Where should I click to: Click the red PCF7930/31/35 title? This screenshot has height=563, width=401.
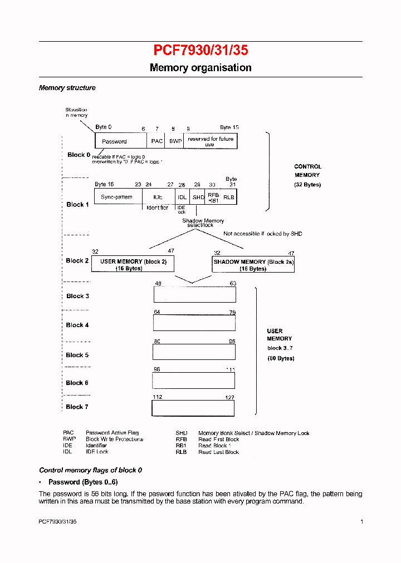pyautogui.click(x=200, y=51)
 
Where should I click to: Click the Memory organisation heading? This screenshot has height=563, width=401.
pyautogui.click(x=200, y=68)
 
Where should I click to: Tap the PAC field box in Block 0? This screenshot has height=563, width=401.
pyautogui.click(x=157, y=141)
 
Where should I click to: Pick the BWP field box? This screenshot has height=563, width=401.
pyautogui.click(x=175, y=141)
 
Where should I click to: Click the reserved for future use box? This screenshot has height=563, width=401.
pyautogui.click(x=211, y=141)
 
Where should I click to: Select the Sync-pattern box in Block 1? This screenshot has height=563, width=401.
pyautogui.click(x=116, y=197)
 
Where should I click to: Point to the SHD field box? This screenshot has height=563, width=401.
pyautogui.click(x=198, y=197)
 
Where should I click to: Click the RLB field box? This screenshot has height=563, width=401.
pyautogui.click(x=229, y=197)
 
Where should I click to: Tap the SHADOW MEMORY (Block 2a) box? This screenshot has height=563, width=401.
pyautogui.click(x=253, y=265)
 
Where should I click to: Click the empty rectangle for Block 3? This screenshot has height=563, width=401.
pyautogui.click(x=194, y=294)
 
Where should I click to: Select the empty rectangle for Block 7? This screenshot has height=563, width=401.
pyautogui.click(x=193, y=408)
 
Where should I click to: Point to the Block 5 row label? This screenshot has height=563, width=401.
pyautogui.click(x=77, y=355)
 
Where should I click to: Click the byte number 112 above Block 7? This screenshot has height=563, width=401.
pyautogui.click(x=158, y=397)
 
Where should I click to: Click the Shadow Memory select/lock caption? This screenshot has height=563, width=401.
pyautogui.click(x=203, y=223)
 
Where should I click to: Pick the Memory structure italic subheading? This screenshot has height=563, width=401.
pyautogui.click(x=67, y=88)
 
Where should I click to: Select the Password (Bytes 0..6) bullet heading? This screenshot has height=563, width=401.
pyautogui.click(x=83, y=482)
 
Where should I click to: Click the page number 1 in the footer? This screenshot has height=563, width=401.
pyautogui.click(x=361, y=521)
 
